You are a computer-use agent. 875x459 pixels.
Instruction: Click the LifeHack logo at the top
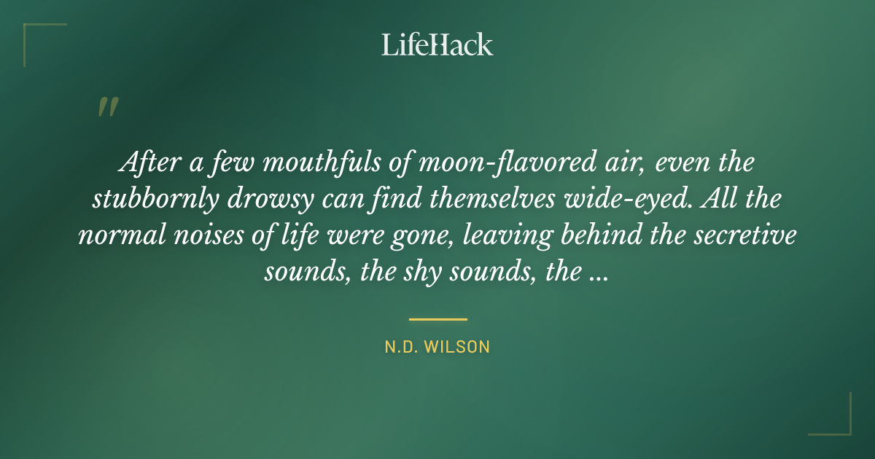click(x=437, y=45)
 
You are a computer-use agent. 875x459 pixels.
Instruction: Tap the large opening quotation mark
click(x=107, y=107)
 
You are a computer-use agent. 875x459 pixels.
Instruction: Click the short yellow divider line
click(x=437, y=319)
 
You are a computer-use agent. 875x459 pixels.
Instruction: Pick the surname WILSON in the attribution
click(x=462, y=347)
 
